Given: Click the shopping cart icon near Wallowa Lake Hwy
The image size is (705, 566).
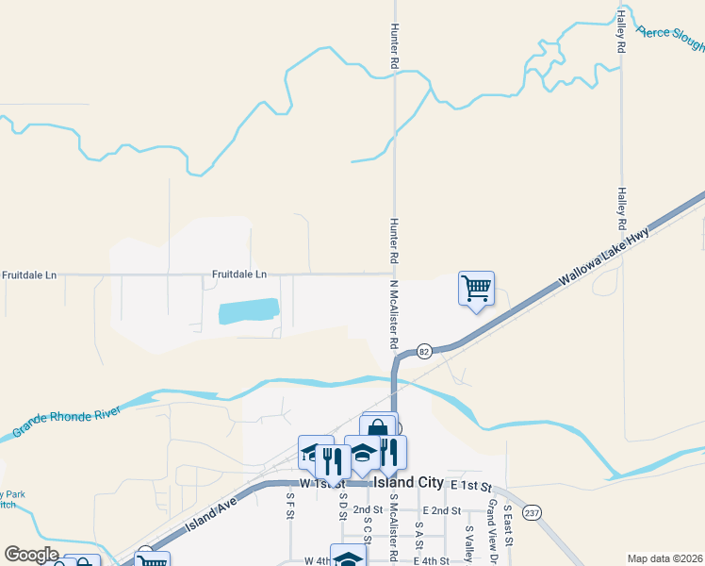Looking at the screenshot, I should [x=477, y=288].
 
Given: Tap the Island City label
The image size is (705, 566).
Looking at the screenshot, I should [x=408, y=482].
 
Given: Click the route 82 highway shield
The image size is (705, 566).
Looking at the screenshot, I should [x=424, y=351].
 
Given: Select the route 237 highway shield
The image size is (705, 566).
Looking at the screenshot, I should [x=533, y=512].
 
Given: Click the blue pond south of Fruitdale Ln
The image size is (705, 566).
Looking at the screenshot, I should [x=249, y=312].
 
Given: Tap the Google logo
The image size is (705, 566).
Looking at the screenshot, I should [x=31, y=555].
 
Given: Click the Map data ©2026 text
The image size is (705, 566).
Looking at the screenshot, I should [x=664, y=558].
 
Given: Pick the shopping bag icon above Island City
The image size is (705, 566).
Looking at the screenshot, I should [x=378, y=429].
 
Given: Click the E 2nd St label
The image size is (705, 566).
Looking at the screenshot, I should [x=441, y=510].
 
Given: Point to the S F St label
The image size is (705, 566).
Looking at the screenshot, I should [x=290, y=508].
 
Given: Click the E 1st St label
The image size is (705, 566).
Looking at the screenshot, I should [x=471, y=485].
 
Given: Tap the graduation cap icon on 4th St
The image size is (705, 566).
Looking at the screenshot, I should [x=348, y=558].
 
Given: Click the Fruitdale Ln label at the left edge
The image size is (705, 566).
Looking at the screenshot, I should [x=28, y=275].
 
